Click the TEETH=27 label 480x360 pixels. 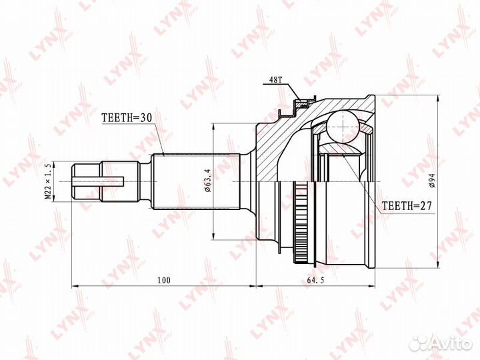tap(407, 207)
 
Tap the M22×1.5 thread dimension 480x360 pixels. tap(48, 181)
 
